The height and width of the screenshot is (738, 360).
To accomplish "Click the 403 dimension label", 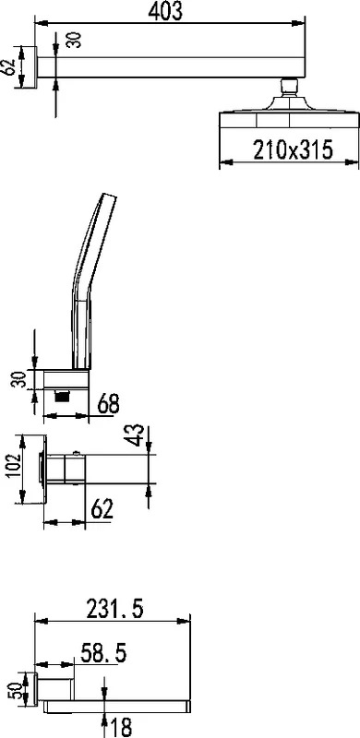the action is click(165, 12).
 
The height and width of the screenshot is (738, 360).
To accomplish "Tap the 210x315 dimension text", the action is click(294, 149).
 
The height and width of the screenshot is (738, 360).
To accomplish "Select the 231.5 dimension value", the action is click(115, 610).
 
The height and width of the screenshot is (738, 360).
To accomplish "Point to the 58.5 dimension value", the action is click(103, 653).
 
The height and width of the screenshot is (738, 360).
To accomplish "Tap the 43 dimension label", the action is click(136, 434).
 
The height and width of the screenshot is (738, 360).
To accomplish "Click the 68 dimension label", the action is click(108, 404).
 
